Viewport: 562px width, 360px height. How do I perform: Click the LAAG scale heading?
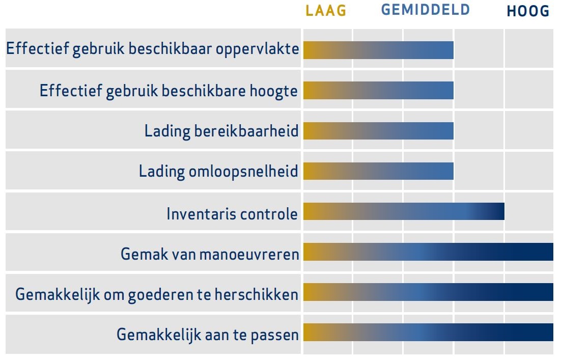tap(326, 10)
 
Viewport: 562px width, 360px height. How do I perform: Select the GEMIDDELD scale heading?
tap(426, 10)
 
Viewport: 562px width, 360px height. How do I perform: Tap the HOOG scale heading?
tap(528, 11)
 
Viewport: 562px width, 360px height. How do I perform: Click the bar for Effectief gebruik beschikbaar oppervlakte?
tap(379, 50)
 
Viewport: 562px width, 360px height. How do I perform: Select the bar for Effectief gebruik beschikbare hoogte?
tap(379, 90)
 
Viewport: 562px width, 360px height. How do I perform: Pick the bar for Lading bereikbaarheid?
tap(379, 130)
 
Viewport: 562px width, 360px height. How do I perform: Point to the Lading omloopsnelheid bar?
tap(379, 171)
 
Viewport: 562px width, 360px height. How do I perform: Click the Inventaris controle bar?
tap(404, 211)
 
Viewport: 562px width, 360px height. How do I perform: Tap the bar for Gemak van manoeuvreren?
tap(428, 252)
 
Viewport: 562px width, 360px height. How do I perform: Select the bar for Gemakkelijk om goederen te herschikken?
tap(428, 292)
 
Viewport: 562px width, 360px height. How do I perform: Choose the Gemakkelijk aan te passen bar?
tap(428, 333)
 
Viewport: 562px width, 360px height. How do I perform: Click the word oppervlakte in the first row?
tap(258, 49)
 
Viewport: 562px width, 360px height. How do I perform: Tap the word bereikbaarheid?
tap(246, 130)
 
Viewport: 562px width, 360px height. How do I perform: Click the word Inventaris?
tap(201, 214)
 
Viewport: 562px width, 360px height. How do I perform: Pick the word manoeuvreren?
tap(249, 255)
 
